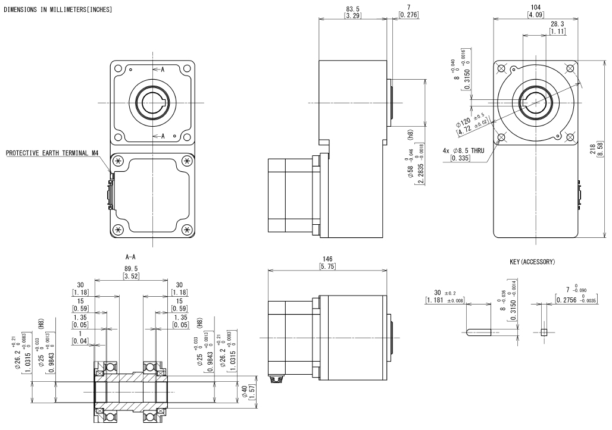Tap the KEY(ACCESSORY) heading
[x=529, y=262]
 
